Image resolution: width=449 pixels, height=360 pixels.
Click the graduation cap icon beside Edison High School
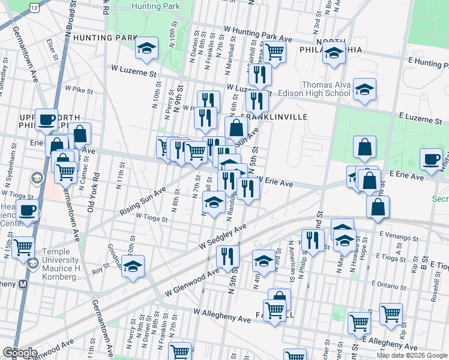[x=364, y=90]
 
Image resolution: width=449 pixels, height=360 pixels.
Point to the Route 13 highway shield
[x=35, y=7]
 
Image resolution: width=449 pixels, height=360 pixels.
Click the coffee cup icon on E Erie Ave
[x=431, y=159]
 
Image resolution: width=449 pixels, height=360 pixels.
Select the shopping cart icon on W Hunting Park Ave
[x=274, y=52]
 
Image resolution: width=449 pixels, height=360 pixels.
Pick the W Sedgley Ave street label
[x=223, y=237]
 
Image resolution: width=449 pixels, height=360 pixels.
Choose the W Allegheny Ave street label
[x=221, y=312]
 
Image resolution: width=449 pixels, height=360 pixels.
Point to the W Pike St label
[x=79, y=89]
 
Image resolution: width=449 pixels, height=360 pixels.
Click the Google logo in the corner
[x=19, y=353]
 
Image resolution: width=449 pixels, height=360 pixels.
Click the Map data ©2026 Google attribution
[x=411, y=355]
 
